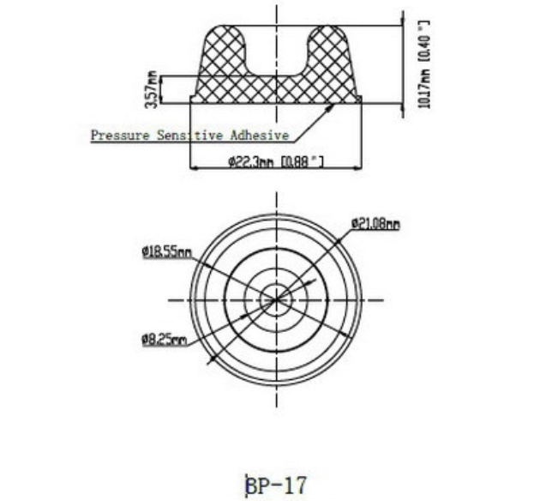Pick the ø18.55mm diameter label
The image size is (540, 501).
tap(166, 252)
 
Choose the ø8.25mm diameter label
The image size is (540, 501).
tap(164, 341)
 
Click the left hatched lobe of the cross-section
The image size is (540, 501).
tap(222, 60)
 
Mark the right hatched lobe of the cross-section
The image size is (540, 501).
tap(329, 60)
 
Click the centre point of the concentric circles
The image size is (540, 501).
tap(276, 299)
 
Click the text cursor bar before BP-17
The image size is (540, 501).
tap(247, 486)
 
